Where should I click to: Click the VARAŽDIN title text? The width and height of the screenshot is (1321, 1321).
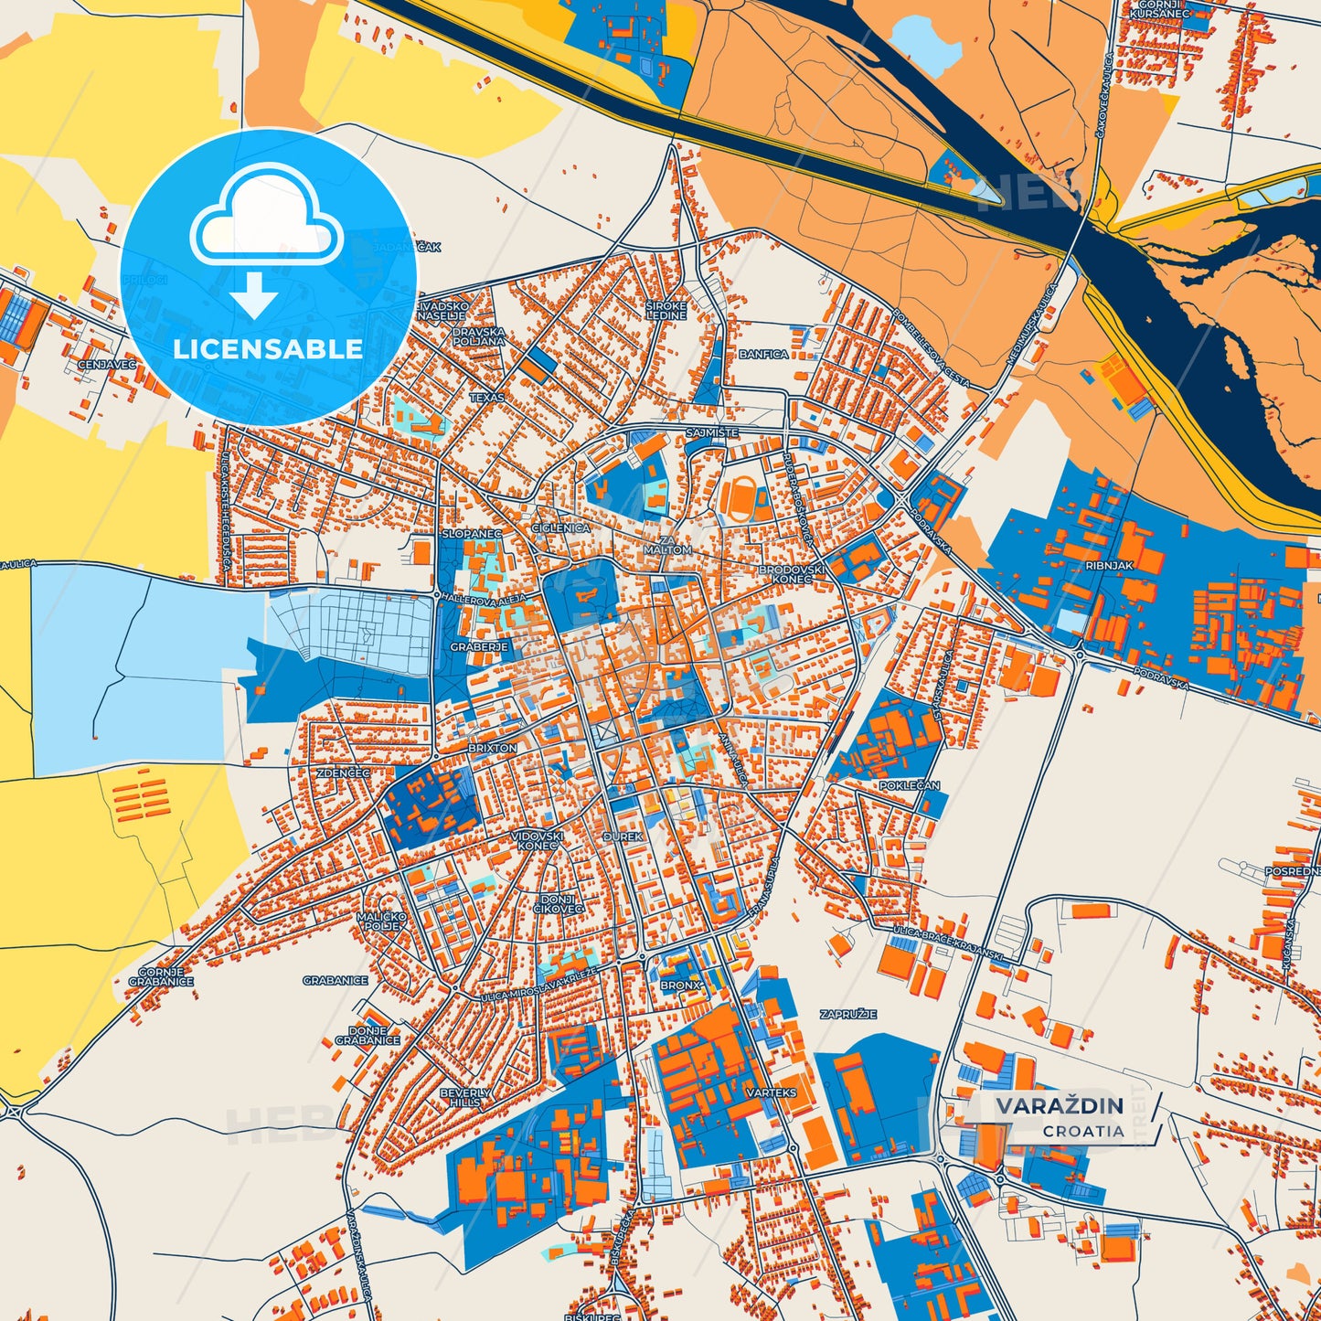tap(1059, 1106)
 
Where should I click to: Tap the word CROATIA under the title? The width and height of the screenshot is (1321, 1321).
tap(1083, 1131)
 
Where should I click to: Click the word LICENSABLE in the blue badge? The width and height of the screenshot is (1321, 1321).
tap(268, 349)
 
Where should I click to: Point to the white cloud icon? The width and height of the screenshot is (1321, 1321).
tap(267, 217)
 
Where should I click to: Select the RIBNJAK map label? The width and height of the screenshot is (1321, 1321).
tap(1109, 566)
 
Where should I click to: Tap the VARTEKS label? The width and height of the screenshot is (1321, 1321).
tap(771, 1092)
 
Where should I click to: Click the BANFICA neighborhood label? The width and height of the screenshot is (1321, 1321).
tap(763, 354)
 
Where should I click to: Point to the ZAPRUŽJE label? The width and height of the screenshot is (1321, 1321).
tap(847, 1014)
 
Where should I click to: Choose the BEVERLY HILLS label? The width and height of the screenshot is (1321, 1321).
tap(464, 1097)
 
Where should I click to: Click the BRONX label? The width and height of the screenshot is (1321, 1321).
tap(680, 985)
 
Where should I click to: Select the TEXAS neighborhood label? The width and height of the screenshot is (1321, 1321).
tap(486, 398)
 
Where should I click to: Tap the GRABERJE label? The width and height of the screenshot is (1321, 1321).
tap(478, 646)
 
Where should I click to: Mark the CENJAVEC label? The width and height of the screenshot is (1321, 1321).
tap(106, 364)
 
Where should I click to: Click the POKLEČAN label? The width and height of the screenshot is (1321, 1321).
tap(909, 785)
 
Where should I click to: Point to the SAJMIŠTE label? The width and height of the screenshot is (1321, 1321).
tap(711, 432)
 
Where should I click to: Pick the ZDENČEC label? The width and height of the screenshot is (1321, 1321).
tap(343, 772)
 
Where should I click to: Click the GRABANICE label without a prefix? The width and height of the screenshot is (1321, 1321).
tap(336, 980)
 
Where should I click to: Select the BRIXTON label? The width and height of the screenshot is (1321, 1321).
tap(492, 748)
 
